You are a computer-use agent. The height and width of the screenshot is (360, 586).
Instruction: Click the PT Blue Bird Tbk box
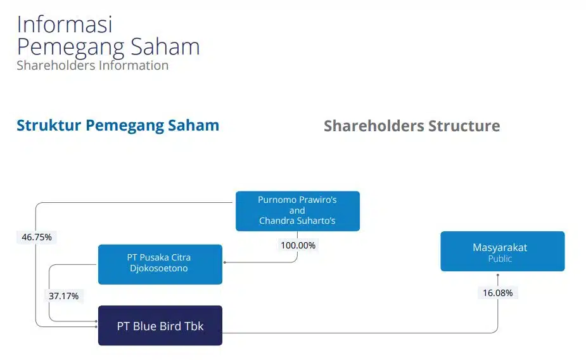click(x=160, y=325)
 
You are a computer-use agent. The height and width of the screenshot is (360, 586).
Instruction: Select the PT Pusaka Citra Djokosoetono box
click(x=160, y=264)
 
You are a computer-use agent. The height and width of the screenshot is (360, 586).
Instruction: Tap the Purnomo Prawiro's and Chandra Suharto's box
click(x=298, y=211)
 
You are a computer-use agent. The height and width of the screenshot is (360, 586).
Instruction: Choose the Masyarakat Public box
click(x=502, y=251)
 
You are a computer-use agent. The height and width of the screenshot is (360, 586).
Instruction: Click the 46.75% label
click(x=37, y=237)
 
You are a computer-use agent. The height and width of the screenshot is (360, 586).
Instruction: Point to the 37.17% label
click(x=63, y=296)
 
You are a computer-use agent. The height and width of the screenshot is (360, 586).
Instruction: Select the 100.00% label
click(x=298, y=245)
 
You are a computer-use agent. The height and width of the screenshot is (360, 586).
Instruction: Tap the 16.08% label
click(x=498, y=293)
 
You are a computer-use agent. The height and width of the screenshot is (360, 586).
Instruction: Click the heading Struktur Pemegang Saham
click(x=118, y=125)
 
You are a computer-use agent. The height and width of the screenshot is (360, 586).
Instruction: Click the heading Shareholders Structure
click(x=412, y=125)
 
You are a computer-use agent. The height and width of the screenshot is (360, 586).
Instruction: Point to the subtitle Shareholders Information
click(x=92, y=65)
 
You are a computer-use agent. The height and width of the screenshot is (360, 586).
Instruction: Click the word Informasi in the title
click(x=65, y=24)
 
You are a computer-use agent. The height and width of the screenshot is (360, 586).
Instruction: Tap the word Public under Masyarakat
click(x=500, y=259)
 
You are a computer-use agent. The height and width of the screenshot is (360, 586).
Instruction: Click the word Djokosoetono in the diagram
click(x=159, y=268)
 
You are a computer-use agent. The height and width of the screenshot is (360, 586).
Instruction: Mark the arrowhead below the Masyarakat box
click(x=498, y=275)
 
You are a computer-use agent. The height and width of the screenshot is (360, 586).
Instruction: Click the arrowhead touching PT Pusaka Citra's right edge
click(x=225, y=262)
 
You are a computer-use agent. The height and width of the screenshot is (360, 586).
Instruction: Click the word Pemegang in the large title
click(x=70, y=48)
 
